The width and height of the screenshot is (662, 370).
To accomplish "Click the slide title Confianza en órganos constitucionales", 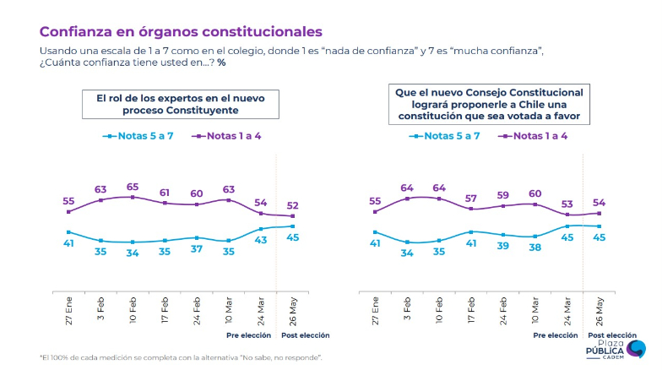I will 181,32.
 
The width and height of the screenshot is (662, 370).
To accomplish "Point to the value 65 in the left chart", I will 133,186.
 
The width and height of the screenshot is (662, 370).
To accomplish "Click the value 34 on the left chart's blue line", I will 133,253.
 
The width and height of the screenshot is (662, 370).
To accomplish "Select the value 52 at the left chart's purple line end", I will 292,205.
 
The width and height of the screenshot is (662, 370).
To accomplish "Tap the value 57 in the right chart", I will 471,198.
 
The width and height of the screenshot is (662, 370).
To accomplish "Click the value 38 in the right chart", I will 534,248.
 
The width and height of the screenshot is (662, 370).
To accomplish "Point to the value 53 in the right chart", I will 567,204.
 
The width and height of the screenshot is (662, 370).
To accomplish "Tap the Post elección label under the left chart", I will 305,335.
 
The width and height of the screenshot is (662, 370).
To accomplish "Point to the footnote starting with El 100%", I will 181,357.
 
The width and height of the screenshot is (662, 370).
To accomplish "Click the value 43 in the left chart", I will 261,241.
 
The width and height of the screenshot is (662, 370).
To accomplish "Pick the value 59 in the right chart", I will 503,193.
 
